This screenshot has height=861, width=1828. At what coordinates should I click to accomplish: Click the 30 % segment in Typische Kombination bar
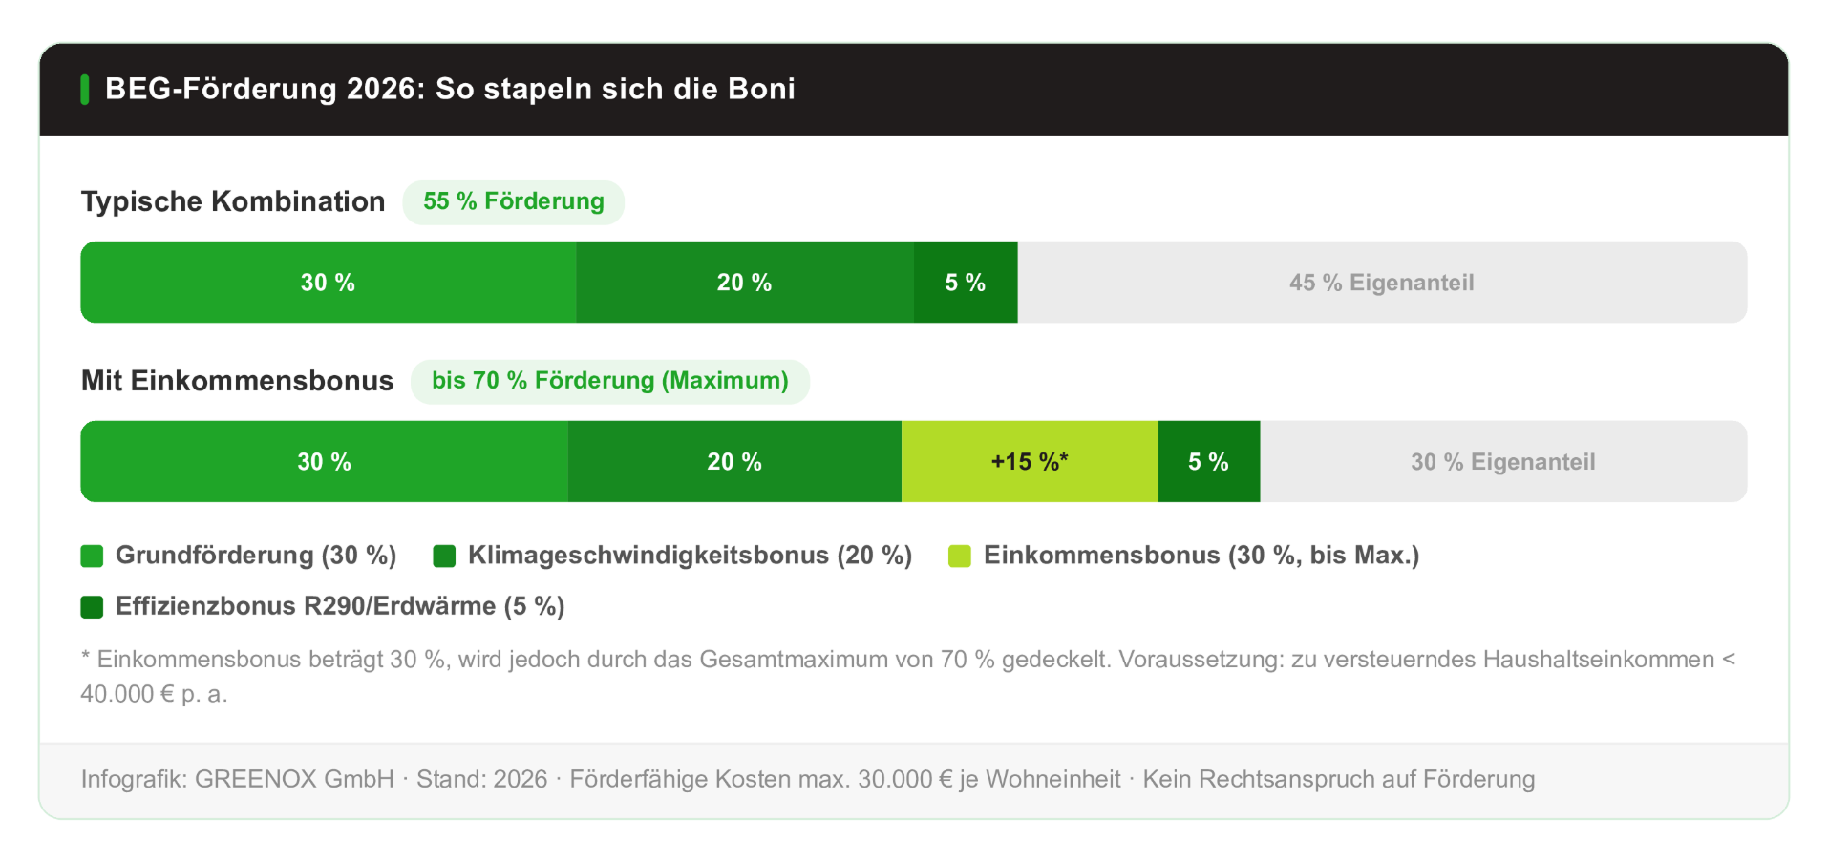[x=328, y=283]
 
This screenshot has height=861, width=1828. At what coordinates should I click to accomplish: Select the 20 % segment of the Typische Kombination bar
[x=744, y=283]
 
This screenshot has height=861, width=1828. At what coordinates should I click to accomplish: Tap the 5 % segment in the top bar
[x=965, y=283]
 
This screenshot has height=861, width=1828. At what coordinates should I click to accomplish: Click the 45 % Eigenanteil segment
[x=1381, y=283]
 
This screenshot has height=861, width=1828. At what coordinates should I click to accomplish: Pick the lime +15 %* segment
[x=1029, y=462]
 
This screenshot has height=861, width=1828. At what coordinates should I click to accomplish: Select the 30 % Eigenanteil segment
[x=1502, y=462]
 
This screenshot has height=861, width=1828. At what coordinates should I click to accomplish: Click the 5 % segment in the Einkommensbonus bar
[x=1208, y=462]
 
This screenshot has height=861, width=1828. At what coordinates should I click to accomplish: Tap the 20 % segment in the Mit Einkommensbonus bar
[x=733, y=462]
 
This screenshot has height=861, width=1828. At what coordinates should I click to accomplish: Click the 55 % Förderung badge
[x=513, y=201]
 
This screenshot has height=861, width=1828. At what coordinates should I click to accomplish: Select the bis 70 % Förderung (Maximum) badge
[x=609, y=381]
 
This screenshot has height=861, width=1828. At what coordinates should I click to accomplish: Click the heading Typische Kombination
[x=233, y=201]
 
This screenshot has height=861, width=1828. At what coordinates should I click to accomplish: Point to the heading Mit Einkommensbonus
[x=237, y=381]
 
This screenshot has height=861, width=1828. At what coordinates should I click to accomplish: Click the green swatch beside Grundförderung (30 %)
[x=92, y=556]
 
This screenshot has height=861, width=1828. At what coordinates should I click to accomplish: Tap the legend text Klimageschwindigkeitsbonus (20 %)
[x=690, y=556]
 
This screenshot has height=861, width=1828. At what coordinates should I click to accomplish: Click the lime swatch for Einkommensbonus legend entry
[x=959, y=556]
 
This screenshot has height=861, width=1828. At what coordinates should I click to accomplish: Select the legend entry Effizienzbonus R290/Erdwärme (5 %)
[x=339, y=606]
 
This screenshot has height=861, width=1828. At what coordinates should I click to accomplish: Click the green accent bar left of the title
[x=85, y=90]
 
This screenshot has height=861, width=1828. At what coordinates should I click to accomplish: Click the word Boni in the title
[x=761, y=89]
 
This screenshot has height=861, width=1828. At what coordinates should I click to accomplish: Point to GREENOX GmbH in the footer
[x=294, y=779]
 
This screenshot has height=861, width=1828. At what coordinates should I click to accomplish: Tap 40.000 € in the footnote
[x=127, y=694]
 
